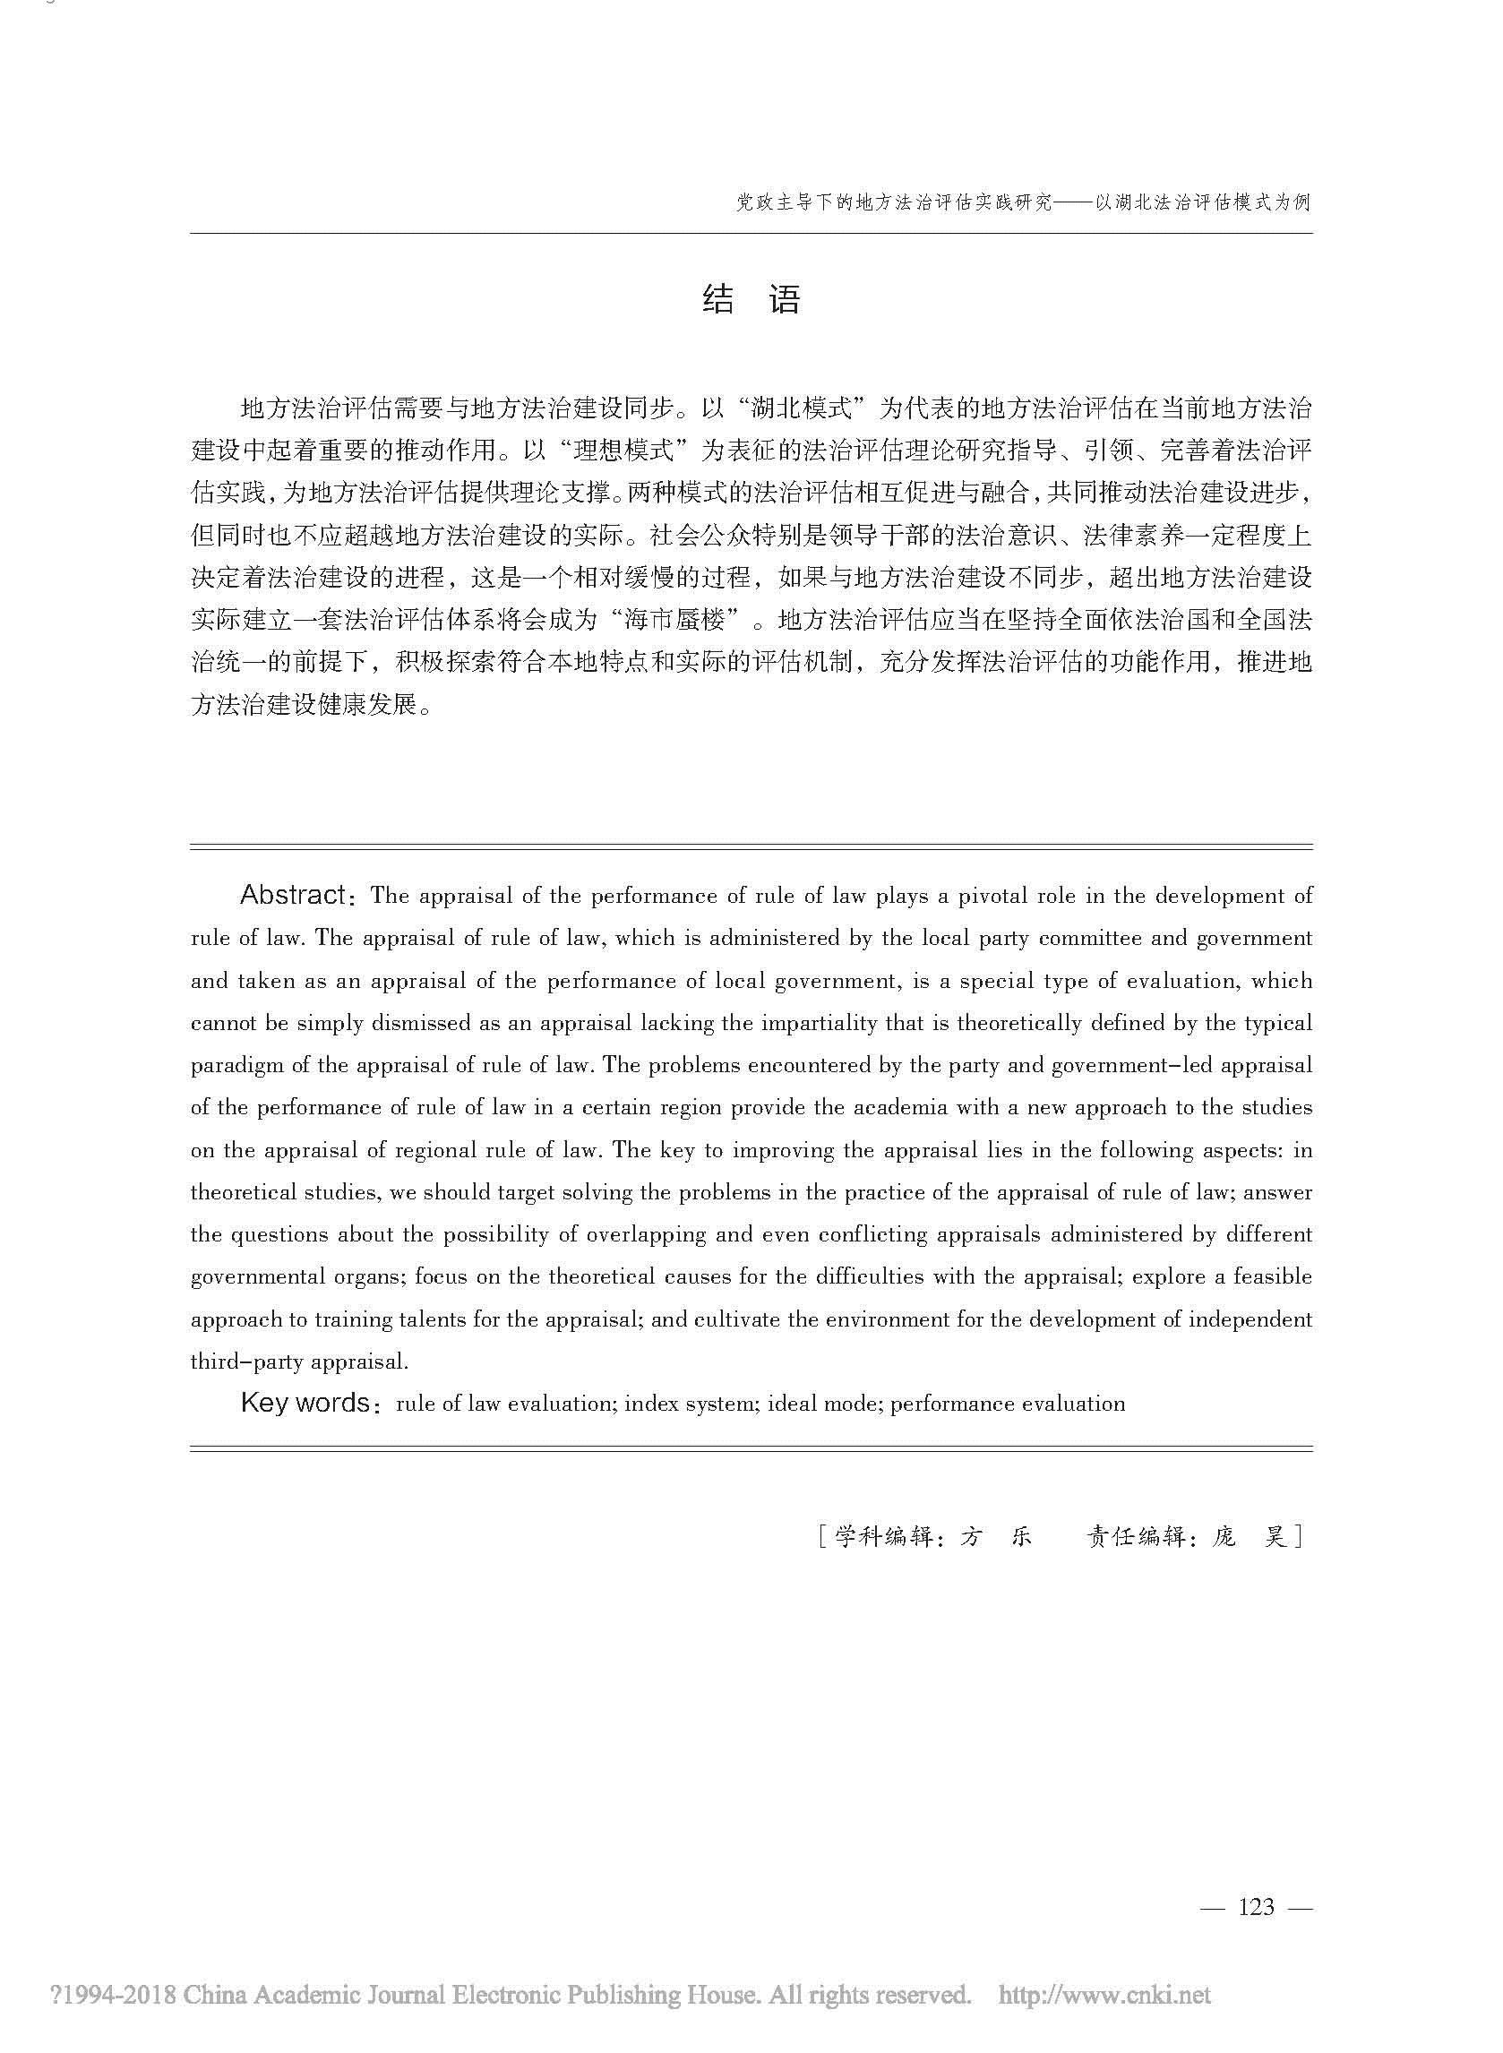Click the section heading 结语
click(751, 299)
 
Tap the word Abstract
click(292, 895)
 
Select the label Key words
click(305, 1403)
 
